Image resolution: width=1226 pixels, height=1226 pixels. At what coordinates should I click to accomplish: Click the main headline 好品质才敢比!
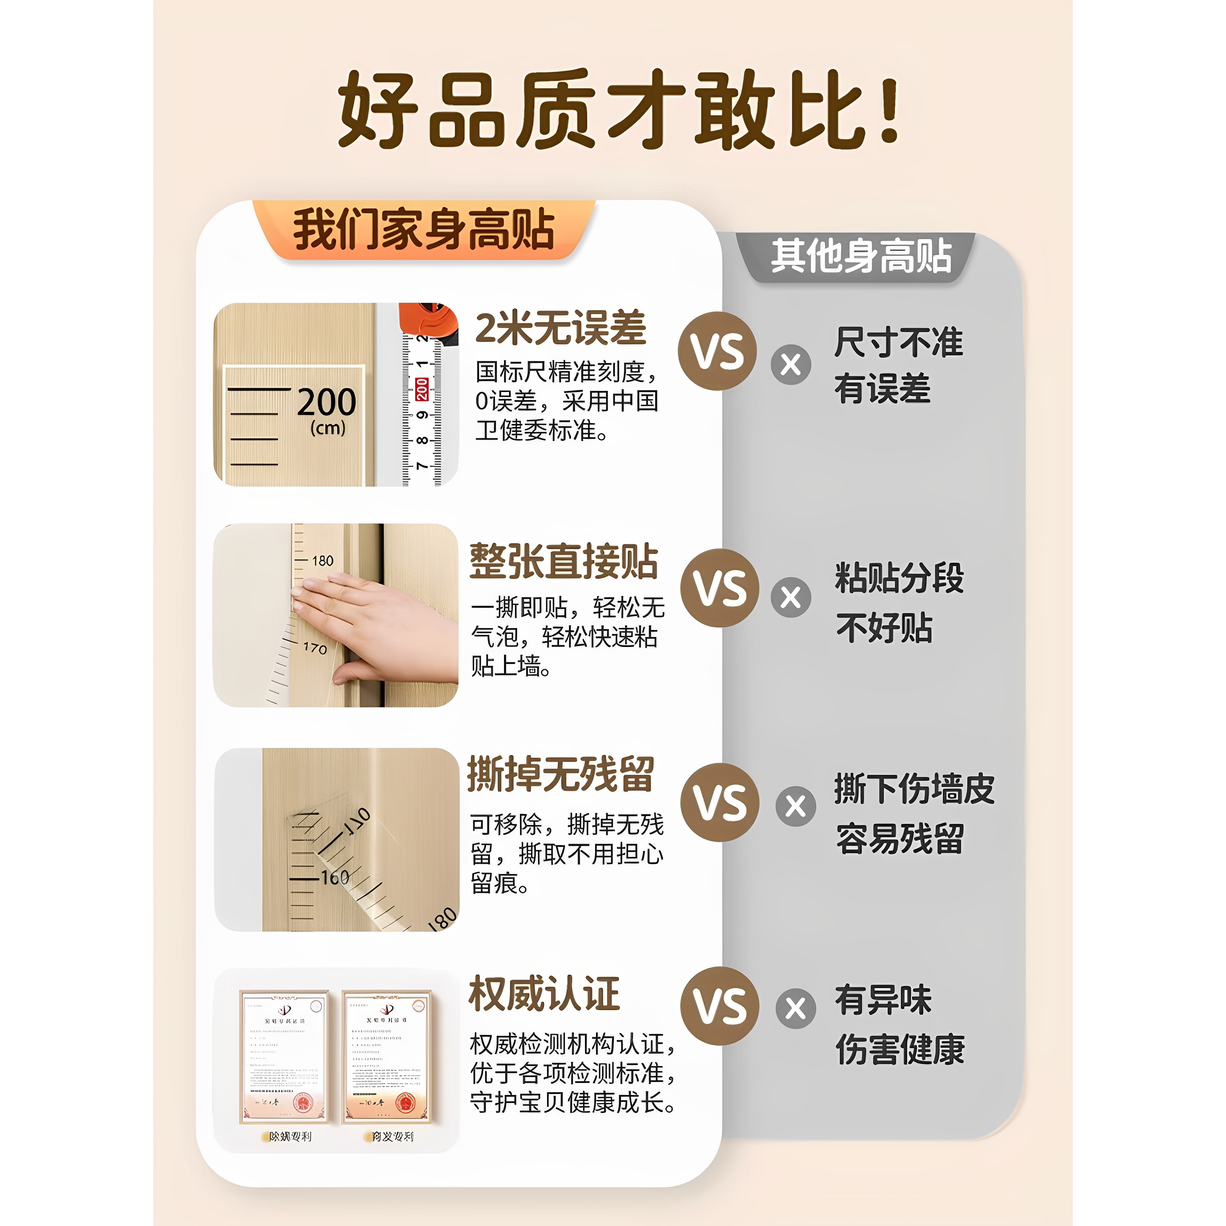pyautogui.click(x=619, y=109)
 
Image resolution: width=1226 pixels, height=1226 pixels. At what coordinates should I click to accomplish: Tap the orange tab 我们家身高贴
pyautogui.click(x=423, y=230)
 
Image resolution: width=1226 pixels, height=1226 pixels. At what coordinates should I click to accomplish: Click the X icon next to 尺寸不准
pyautogui.click(x=791, y=365)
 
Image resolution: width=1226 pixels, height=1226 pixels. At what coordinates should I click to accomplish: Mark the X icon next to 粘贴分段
pyautogui.click(x=791, y=597)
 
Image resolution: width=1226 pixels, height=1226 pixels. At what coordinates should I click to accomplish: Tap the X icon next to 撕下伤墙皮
pyautogui.click(x=796, y=806)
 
